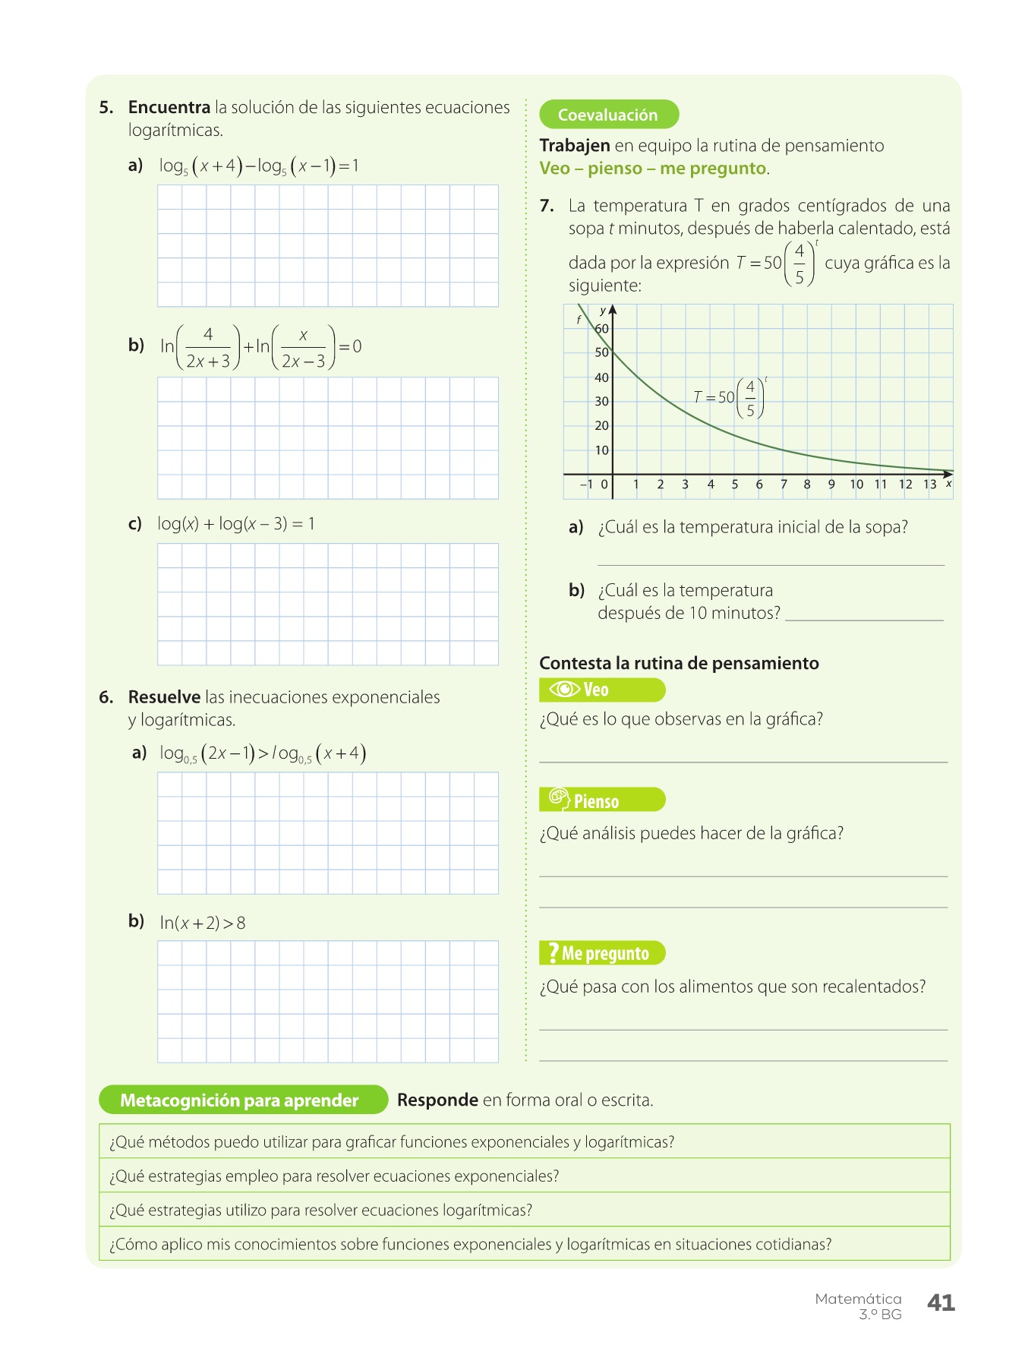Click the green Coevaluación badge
pyautogui.click(x=608, y=115)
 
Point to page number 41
pyautogui.click(x=941, y=1302)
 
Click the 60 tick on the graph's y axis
pyautogui.click(x=602, y=329)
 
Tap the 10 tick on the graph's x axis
pyautogui.click(x=856, y=485)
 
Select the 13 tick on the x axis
pyautogui.click(x=930, y=485)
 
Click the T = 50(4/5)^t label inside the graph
pyautogui.click(x=729, y=397)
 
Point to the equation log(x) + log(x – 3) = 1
pyautogui.click(x=236, y=523)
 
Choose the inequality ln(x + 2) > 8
pyautogui.click(x=203, y=923)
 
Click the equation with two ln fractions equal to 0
pyautogui.click(x=260, y=346)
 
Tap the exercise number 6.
pyautogui.click(x=106, y=697)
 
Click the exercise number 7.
pyautogui.click(x=547, y=206)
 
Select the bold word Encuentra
pyautogui.click(x=169, y=107)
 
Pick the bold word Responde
pyautogui.click(x=437, y=1100)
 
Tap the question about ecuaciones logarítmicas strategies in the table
pyautogui.click(x=321, y=1210)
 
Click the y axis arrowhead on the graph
pyautogui.click(x=613, y=309)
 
